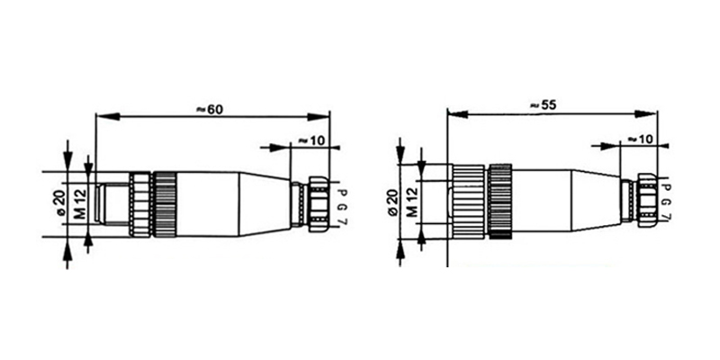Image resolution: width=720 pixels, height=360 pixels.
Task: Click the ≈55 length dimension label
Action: click(543, 104)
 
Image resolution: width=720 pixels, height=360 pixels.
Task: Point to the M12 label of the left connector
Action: click(80, 204)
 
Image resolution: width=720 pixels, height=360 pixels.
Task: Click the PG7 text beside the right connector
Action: click(667, 202)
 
